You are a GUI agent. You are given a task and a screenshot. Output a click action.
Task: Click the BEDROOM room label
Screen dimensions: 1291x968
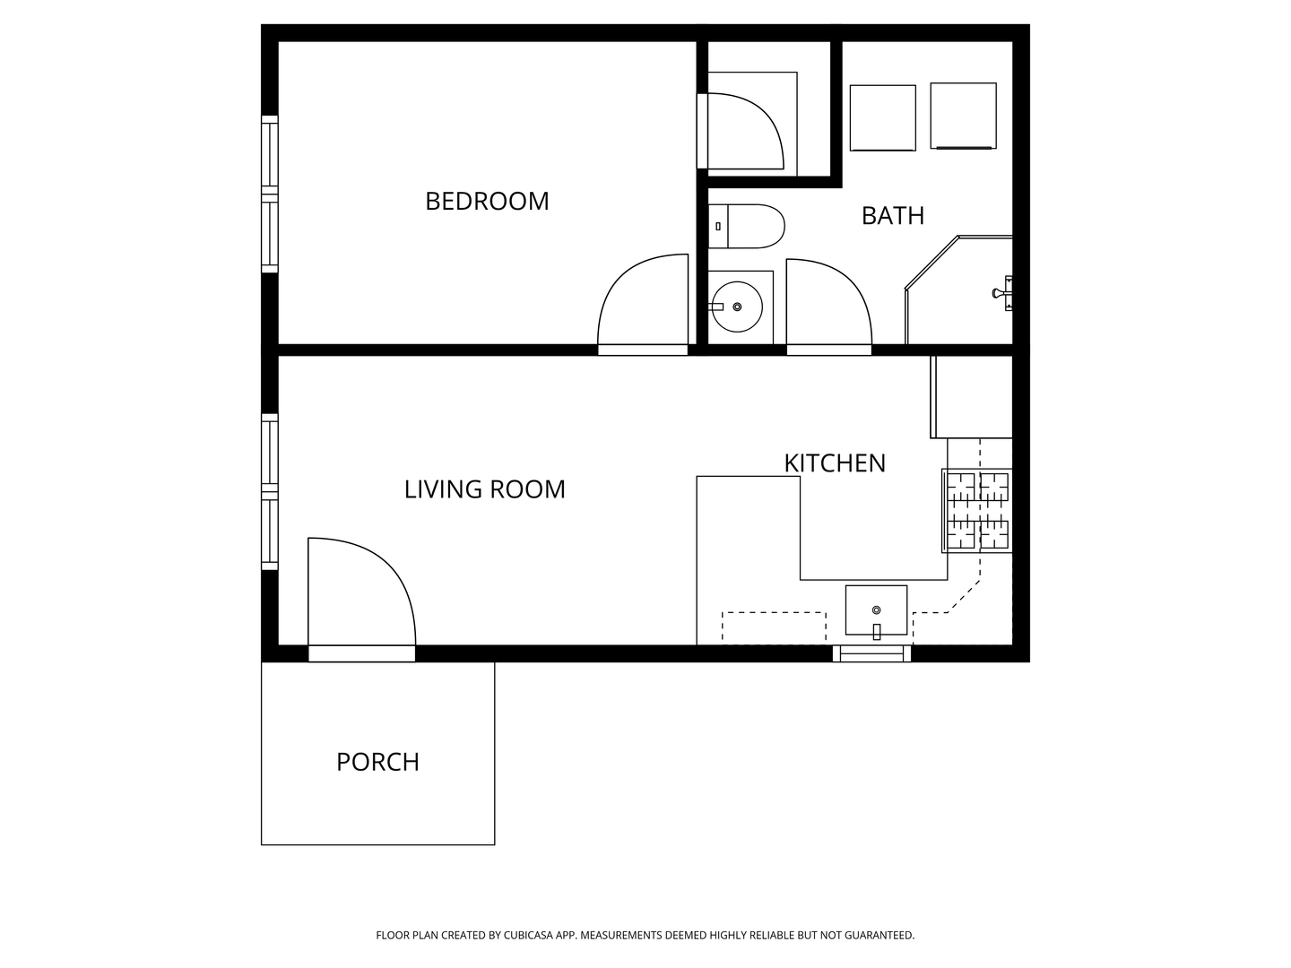[487, 201]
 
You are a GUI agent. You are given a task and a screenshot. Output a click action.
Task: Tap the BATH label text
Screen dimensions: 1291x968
[892, 216]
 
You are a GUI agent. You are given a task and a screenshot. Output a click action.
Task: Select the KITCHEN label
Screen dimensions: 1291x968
[835, 463]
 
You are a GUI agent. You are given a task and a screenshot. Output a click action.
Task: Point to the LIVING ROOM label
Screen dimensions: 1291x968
[485, 489]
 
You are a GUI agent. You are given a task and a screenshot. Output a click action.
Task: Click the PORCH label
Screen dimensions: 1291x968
[377, 762]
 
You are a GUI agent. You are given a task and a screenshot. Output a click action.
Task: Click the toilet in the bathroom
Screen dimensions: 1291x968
[746, 226]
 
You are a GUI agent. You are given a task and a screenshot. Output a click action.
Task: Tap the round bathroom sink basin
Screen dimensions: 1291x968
[737, 307]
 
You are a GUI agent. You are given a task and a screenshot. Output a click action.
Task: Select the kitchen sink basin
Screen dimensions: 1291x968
[876, 610]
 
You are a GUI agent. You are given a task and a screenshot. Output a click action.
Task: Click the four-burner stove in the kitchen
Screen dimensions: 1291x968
[977, 511]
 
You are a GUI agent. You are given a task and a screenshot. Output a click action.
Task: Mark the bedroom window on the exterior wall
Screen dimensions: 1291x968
[269, 194]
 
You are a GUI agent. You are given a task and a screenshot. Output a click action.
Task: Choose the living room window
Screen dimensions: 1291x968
[269, 492]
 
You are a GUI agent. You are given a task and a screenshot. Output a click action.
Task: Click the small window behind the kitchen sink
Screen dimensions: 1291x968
[871, 653]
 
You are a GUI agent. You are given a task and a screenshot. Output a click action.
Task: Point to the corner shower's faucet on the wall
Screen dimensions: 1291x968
[1002, 293]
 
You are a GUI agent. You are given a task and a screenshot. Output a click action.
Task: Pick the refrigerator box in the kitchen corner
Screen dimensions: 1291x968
[971, 397]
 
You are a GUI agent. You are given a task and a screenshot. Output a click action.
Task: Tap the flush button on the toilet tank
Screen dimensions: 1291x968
[717, 226]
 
